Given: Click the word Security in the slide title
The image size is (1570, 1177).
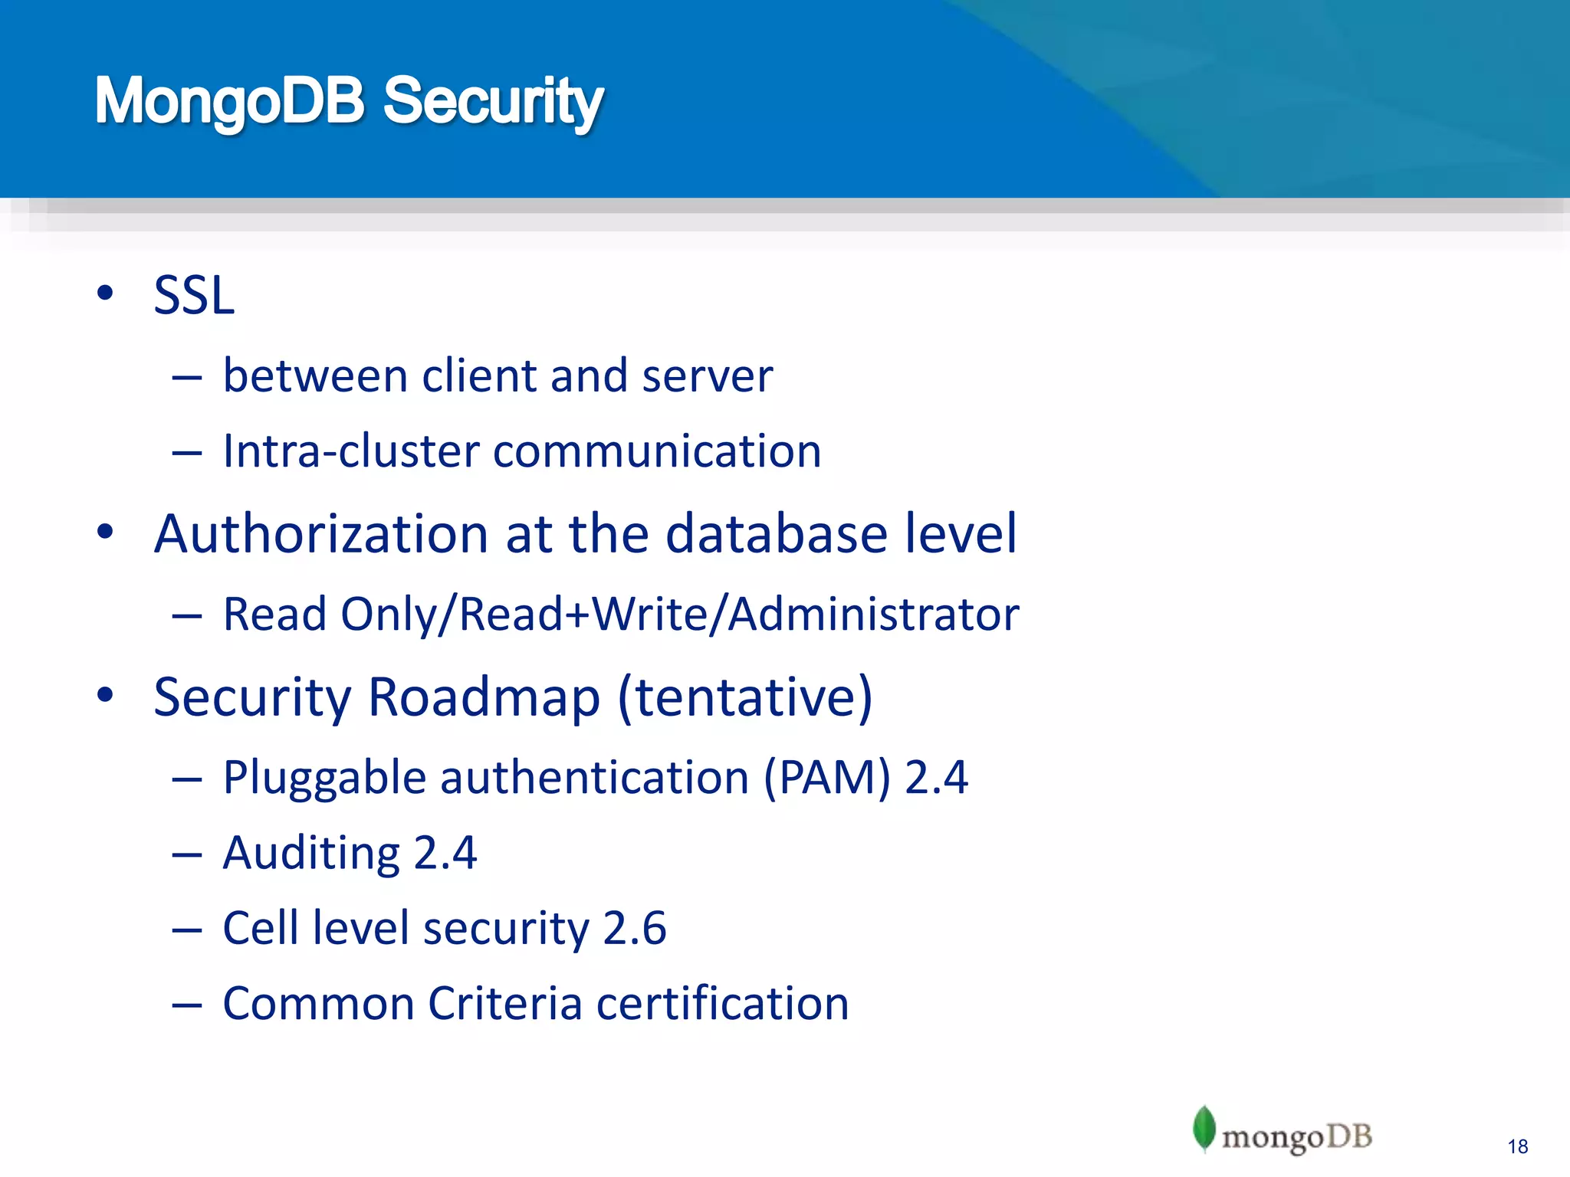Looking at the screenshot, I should (493, 102).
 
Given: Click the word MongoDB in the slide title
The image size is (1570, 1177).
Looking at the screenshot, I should (229, 102).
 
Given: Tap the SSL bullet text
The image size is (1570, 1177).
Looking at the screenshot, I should (194, 295).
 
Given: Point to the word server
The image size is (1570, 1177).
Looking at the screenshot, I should (707, 378).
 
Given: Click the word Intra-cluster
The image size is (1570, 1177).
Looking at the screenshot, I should (349, 451).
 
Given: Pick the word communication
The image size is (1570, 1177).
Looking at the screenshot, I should (657, 451).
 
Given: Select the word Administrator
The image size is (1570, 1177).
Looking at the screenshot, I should (874, 614).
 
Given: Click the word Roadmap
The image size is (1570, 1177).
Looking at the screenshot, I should (484, 697).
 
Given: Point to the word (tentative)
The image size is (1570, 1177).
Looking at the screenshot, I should (744, 697).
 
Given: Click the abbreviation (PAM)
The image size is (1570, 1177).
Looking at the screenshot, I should (827, 778).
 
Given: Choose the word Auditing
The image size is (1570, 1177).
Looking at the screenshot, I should (311, 853).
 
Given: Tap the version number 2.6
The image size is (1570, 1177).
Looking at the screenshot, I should (635, 928).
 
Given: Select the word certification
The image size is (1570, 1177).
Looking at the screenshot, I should (722, 1003).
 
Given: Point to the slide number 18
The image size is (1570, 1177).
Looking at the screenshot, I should (1517, 1146).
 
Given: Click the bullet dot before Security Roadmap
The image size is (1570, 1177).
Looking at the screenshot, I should (105, 695).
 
